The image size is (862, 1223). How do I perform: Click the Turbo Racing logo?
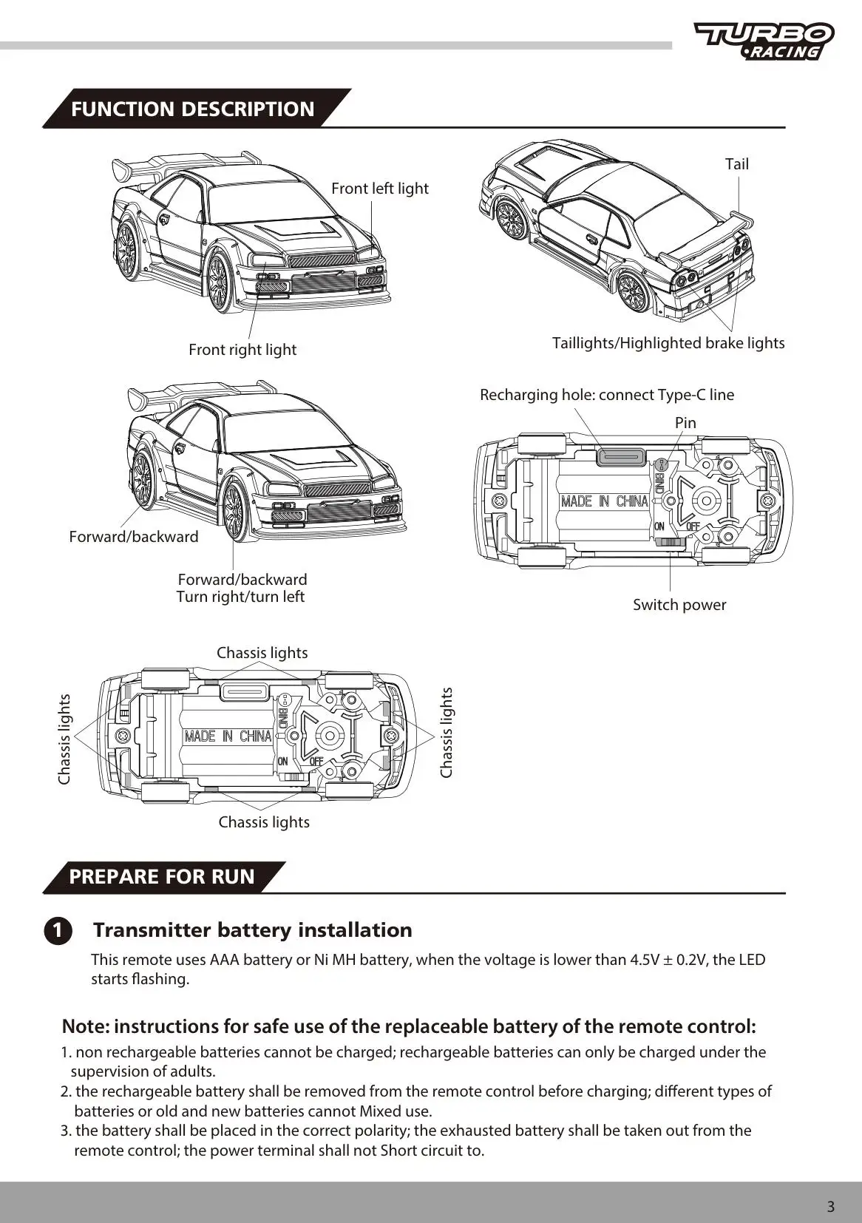(764, 41)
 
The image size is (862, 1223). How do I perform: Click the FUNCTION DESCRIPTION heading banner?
(193, 109)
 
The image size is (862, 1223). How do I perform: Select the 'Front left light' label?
(379, 189)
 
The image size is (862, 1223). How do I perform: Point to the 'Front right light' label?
(242, 350)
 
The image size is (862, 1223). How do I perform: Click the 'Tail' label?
(736, 164)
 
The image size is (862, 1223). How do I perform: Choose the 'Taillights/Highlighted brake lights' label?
(668, 343)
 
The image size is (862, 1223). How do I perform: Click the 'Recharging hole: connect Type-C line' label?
(606, 395)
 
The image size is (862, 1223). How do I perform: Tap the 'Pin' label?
(685, 423)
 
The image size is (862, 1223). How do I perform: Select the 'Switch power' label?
(679, 605)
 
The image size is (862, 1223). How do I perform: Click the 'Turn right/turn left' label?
(240, 597)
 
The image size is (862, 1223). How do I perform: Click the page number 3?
(830, 1207)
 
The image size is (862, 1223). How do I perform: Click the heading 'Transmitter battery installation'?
(252, 930)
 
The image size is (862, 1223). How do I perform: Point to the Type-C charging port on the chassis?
(620, 458)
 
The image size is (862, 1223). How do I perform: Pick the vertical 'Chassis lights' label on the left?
(64, 739)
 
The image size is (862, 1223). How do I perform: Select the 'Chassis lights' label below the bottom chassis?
(264, 822)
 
